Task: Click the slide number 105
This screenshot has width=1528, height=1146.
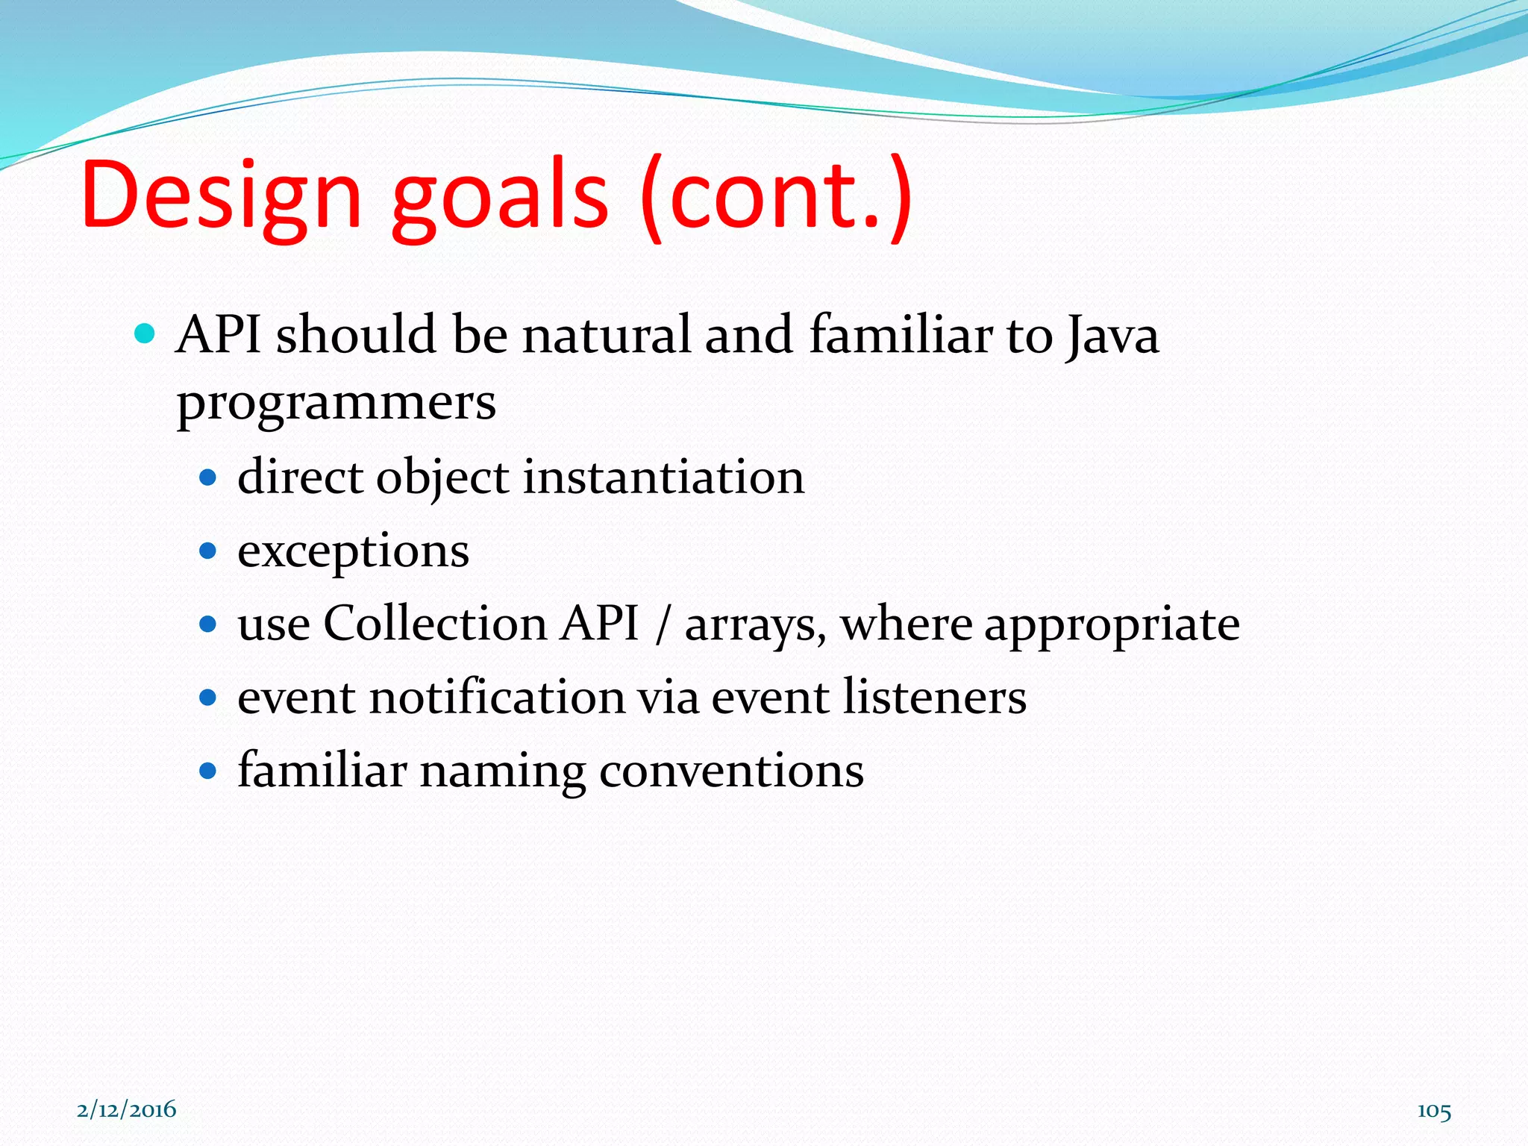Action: [1434, 1111]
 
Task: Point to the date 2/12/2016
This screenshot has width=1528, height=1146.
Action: [127, 1109]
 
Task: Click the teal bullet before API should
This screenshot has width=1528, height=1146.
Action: [145, 333]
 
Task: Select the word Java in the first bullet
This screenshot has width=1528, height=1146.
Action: [1112, 336]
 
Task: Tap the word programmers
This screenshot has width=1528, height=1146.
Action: [336, 404]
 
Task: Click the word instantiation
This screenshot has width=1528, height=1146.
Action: [663, 477]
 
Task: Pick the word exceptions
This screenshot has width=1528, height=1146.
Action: [353, 553]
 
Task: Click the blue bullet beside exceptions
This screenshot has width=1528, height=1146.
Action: [208, 551]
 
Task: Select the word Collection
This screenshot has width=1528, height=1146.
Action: [435, 624]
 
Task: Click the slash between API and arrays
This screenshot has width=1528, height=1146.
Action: [661, 625]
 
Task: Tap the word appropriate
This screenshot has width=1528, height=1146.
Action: [1112, 625]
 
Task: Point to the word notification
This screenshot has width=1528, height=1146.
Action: [496, 698]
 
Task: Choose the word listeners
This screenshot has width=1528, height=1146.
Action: [934, 698]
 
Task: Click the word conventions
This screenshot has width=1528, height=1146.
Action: [731, 771]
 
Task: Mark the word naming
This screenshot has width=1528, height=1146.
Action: [503, 772]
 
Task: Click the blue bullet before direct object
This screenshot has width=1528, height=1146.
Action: [208, 477]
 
